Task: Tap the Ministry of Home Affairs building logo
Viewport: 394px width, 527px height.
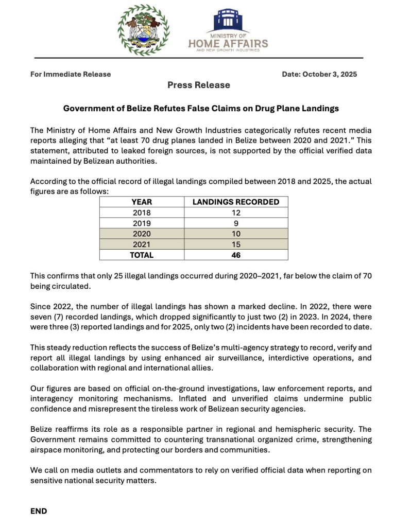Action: pyautogui.click(x=228, y=21)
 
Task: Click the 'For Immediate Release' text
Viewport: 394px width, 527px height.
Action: pyautogui.click(x=71, y=74)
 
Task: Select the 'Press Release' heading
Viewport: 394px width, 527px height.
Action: pyautogui.click(x=198, y=85)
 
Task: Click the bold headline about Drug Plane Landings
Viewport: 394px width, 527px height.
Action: pyautogui.click(x=201, y=109)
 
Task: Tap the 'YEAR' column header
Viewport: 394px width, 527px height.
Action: pyautogui.click(x=142, y=202)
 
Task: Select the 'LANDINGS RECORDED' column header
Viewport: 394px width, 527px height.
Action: pyautogui.click(x=236, y=202)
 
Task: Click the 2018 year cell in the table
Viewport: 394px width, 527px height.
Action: pyautogui.click(x=142, y=212)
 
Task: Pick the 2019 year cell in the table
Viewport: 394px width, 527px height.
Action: pyautogui.click(x=142, y=223)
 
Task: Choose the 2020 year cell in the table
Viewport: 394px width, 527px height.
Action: pyautogui.click(x=142, y=234)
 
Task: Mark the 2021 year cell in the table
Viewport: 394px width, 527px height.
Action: pyautogui.click(x=142, y=244)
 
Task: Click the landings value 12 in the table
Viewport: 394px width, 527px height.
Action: pyautogui.click(x=236, y=212)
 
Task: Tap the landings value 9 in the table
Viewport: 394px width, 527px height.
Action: pyautogui.click(x=236, y=223)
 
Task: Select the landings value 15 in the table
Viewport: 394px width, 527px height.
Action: pyautogui.click(x=236, y=244)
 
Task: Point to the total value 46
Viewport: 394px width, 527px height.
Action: pyautogui.click(x=236, y=255)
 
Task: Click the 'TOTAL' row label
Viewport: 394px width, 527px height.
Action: pyautogui.click(x=142, y=255)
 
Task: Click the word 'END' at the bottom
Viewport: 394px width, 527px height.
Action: pyautogui.click(x=39, y=511)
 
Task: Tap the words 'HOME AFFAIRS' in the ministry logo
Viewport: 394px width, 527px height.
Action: pyautogui.click(x=228, y=44)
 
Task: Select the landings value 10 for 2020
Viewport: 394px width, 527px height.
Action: pyautogui.click(x=236, y=234)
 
